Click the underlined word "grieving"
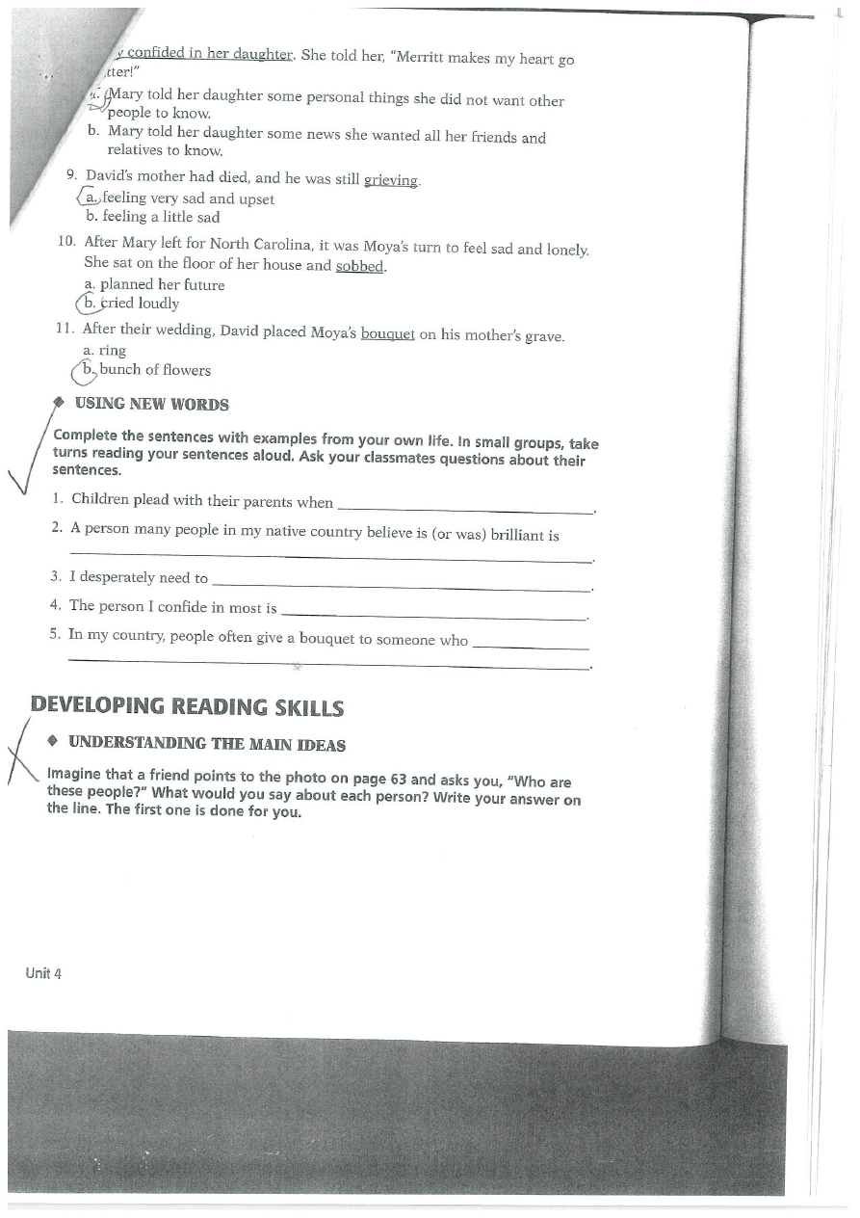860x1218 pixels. tap(393, 180)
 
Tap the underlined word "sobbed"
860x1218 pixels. tap(360, 266)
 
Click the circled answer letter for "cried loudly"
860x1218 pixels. tap(89, 304)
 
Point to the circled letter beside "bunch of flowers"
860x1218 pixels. tap(87, 369)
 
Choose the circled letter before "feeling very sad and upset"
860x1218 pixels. tap(90, 198)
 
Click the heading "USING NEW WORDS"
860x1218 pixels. tap(151, 405)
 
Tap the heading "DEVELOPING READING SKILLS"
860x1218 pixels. tap(187, 706)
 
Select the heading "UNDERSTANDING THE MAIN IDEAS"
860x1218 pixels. tap(207, 744)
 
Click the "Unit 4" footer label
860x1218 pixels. tap(43, 973)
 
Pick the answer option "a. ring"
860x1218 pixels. tap(105, 351)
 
